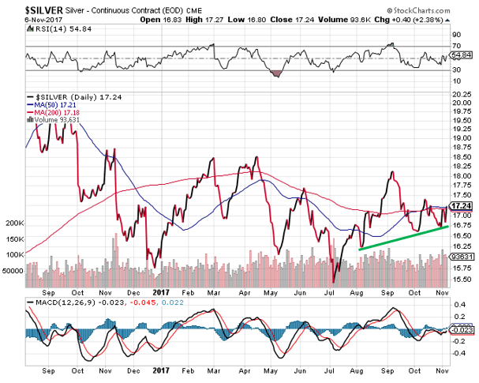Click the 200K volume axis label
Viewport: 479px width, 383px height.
coord(13,224)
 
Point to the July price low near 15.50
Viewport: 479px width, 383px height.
coord(334,281)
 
